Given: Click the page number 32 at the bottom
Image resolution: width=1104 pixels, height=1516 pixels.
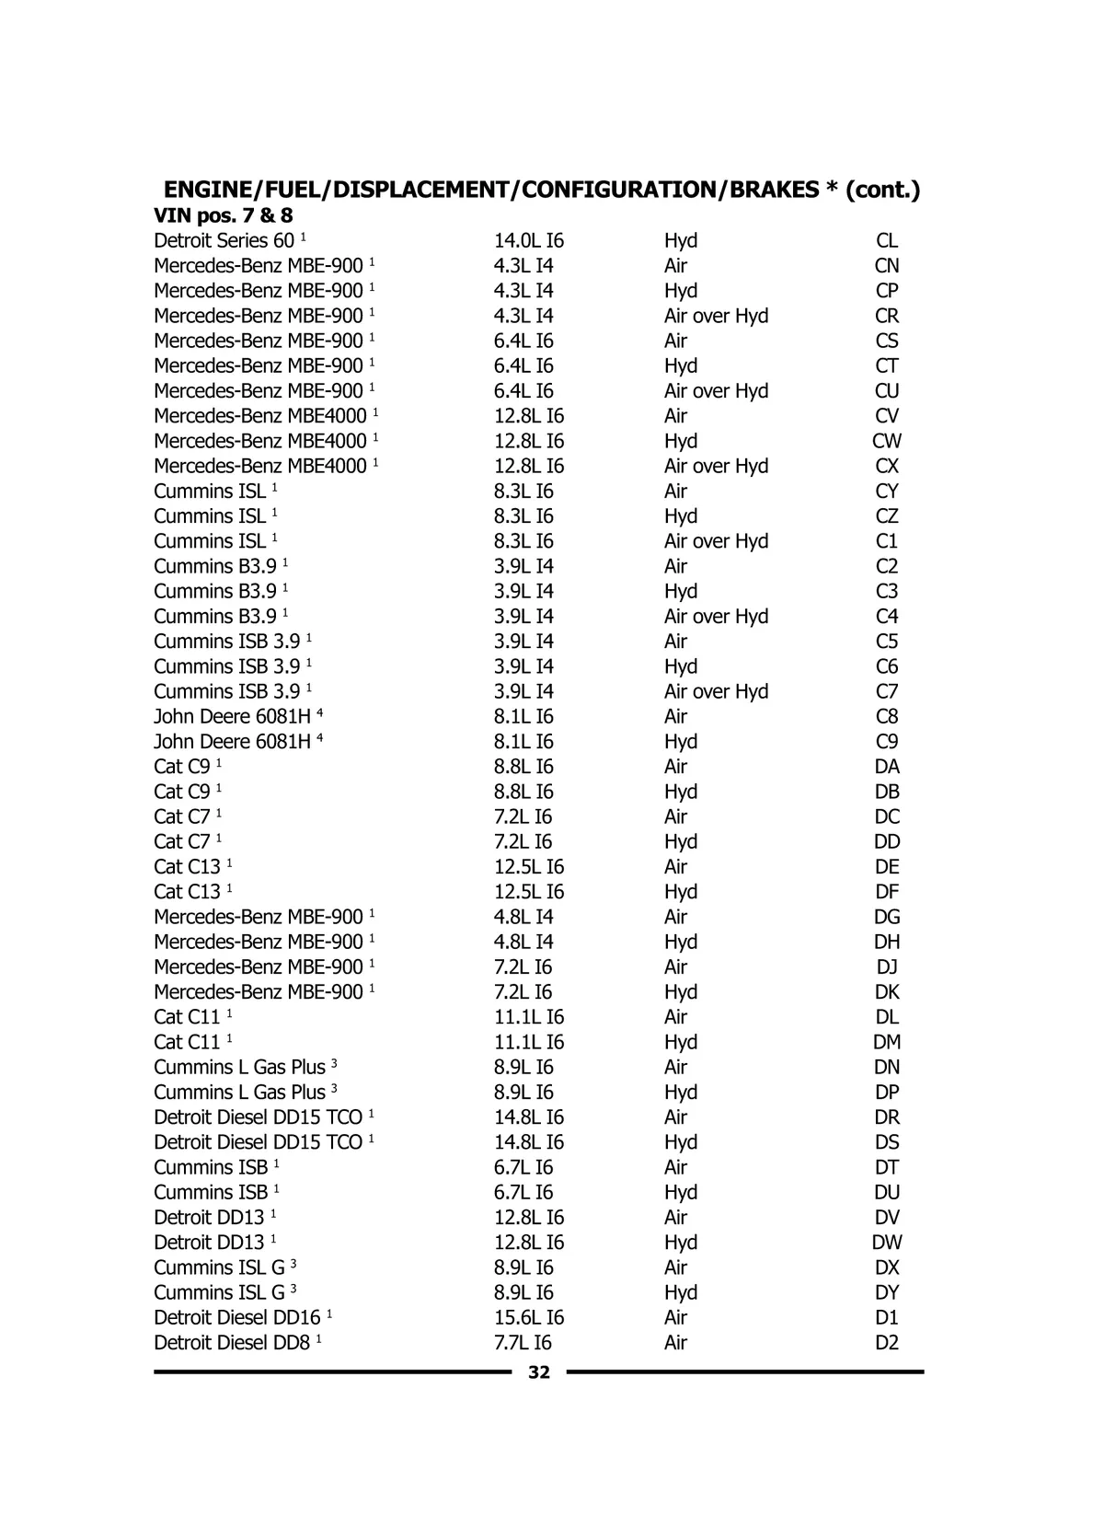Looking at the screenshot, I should pyautogui.click(x=539, y=1372).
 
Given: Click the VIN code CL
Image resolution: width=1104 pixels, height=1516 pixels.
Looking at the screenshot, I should pyautogui.click(x=887, y=241).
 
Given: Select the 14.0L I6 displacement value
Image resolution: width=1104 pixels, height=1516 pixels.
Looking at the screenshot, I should pyautogui.click(x=529, y=241).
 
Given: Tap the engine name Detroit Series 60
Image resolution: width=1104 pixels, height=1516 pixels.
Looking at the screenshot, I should pyautogui.click(x=224, y=241).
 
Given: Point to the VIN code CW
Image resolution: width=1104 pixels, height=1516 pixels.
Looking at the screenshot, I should pyautogui.click(x=887, y=442).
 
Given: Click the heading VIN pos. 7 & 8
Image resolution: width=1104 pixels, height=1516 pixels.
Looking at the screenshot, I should pyautogui.click(x=224, y=216).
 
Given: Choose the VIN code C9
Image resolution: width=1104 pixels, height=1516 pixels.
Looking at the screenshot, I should pyautogui.click(x=887, y=742).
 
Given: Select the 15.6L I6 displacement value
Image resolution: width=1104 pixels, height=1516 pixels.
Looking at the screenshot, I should pyautogui.click(x=529, y=1318).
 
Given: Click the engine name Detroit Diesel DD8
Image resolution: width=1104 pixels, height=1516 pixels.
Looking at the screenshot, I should pyautogui.click(x=232, y=1343).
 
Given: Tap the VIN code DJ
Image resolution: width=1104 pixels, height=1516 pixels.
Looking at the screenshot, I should pyautogui.click(x=887, y=967).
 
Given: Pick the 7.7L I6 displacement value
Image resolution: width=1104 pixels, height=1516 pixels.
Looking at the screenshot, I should pyautogui.click(x=523, y=1343).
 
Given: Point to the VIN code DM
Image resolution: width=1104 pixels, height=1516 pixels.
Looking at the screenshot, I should pyautogui.click(x=887, y=1042).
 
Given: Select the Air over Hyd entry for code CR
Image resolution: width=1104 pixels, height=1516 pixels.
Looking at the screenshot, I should pyautogui.click(x=716, y=316).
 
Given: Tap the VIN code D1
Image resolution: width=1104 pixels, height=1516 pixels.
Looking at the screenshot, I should pyautogui.click(x=887, y=1318).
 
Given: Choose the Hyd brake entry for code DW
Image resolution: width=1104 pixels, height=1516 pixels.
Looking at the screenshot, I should pyautogui.click(x=681, y=1243).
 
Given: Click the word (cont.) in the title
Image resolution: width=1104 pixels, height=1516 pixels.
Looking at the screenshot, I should pyautogui.click(x=882, y=190).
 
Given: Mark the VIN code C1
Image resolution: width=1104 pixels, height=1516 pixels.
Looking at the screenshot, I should pyautogui.click(x=887, y=541).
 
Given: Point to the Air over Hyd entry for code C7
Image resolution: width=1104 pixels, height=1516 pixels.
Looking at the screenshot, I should pyautogui.click(x=716, y=691).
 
